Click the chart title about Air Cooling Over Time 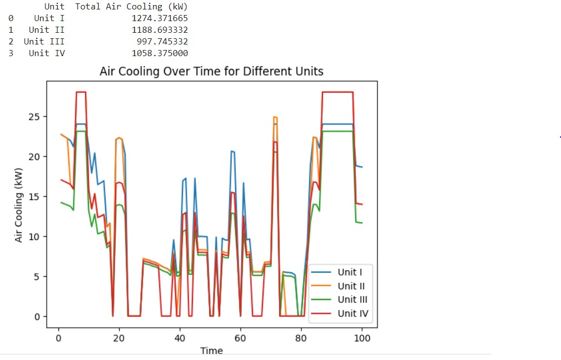pos(211,72)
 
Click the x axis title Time pos(211,351)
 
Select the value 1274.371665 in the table pos(160,18)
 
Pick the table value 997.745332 pos(162,42)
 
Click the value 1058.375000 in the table pos(160,53)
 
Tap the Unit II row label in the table pos(47,30)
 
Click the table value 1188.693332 pos(160,30)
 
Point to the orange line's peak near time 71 pos(275,117)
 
